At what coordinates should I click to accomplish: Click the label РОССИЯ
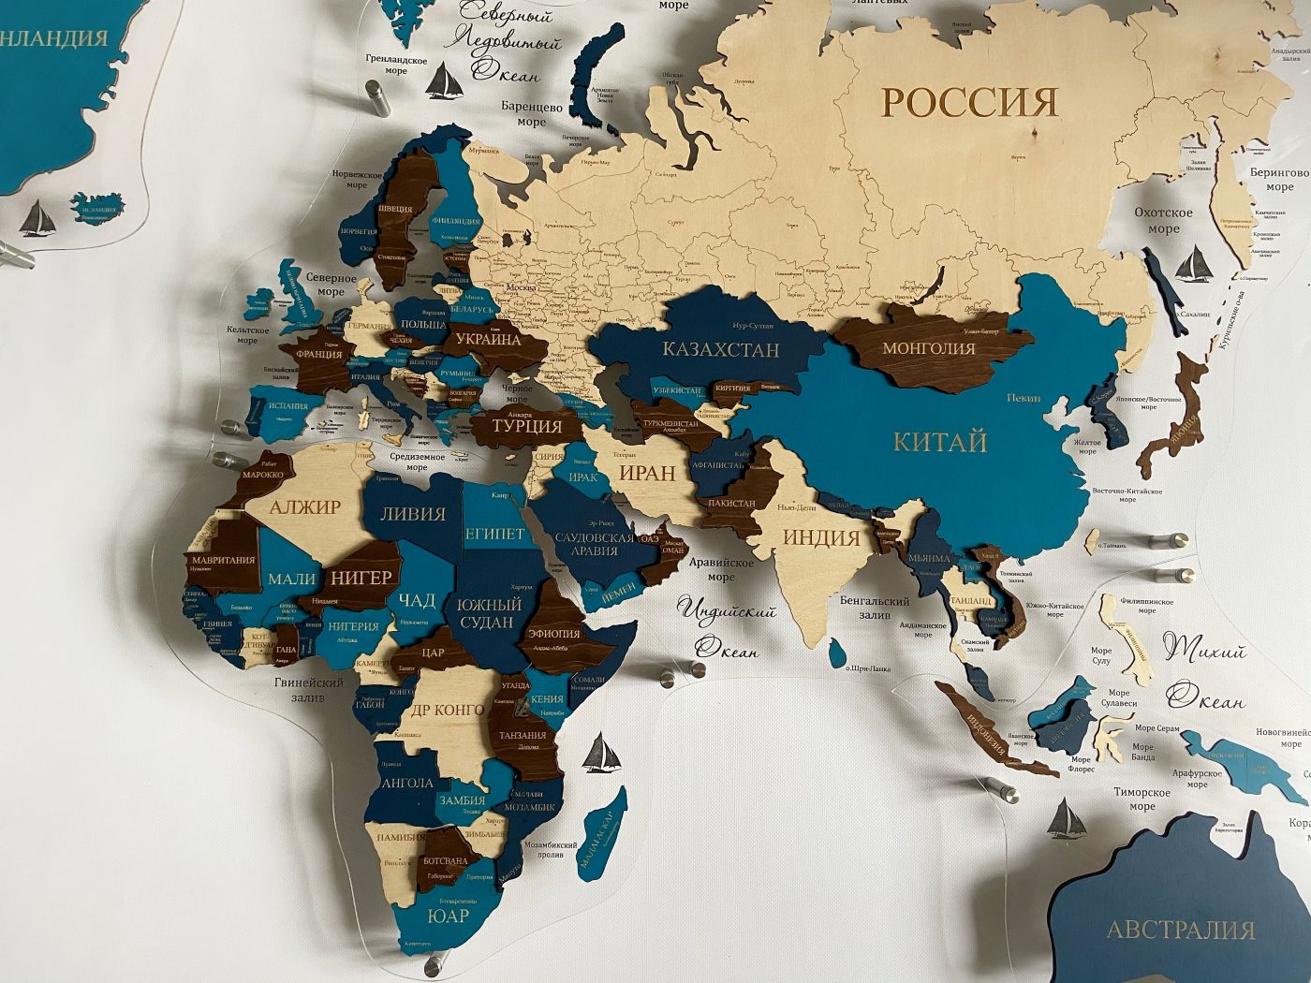(969, 101)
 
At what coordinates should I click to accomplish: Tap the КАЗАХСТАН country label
(720, 350)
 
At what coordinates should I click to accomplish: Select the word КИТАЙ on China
(940, 442)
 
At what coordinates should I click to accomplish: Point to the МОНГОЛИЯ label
(928, 348)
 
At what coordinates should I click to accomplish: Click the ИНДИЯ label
(820, 537)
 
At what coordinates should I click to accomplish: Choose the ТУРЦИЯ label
(527, 426)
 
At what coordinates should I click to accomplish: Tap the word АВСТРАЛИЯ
(1180, 930)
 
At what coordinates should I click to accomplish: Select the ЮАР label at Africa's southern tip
(447, 916)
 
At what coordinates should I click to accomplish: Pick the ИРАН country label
(647, 473)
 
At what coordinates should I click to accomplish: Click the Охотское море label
(1163, 221)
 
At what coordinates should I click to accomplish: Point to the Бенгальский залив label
(875, 608)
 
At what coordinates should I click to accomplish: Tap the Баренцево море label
(531, 114)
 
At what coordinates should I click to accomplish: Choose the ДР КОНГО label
(448, 709)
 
